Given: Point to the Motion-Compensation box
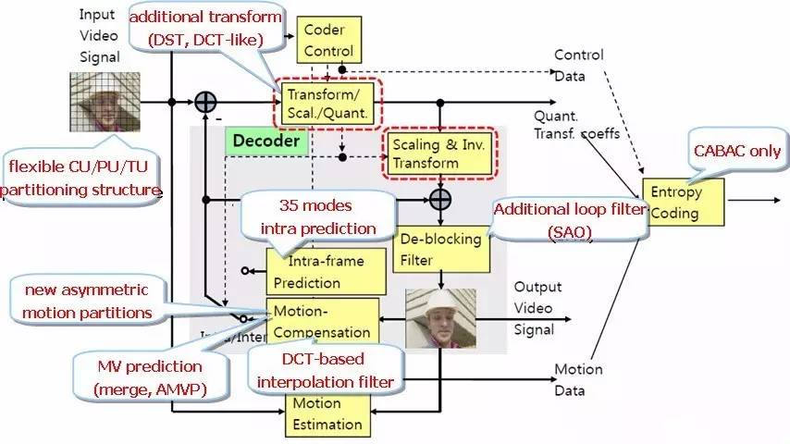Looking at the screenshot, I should [323, 319].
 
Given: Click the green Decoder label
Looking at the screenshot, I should [266, 142].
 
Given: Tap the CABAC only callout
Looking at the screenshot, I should [737, 151].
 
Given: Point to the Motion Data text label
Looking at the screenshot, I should [578, 379].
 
